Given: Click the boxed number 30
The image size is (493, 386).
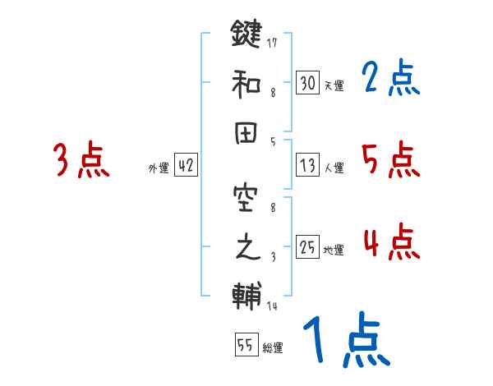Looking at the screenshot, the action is coord(307,82).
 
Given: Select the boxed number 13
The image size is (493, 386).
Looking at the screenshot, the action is coord(307,166).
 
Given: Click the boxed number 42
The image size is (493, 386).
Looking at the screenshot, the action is coord(186,165).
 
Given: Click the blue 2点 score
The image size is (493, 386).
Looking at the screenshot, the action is coord(391,79).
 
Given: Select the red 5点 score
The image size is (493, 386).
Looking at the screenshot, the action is coord(391,160).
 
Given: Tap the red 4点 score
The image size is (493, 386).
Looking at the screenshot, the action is coord(391,242).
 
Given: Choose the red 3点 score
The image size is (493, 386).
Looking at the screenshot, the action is coord(81,160).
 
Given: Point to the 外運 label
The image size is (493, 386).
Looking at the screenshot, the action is coord(159,168).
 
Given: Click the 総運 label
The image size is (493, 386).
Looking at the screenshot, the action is coord(273,348).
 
